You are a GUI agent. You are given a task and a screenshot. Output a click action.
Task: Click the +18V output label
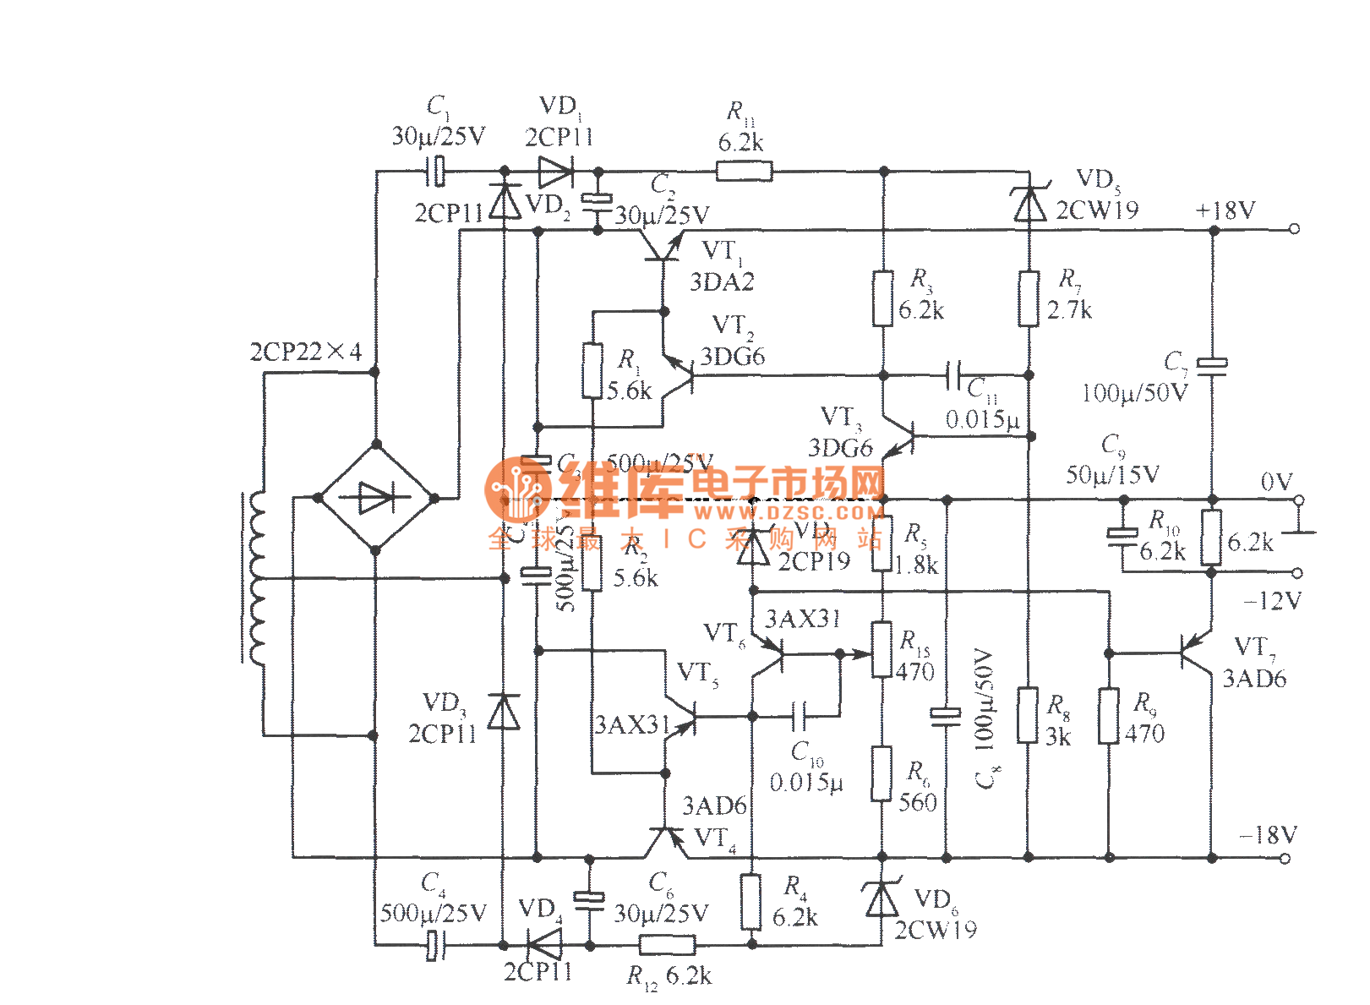1225,210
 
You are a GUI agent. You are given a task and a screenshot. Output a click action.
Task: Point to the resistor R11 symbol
744,172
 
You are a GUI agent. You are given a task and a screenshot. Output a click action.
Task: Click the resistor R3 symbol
883,298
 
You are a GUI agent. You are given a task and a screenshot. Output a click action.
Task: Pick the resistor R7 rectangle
1029,298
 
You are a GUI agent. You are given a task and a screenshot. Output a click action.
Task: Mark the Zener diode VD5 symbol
1029,204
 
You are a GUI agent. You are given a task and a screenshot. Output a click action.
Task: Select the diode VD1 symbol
555,172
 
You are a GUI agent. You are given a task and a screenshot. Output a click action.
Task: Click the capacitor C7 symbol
1213,364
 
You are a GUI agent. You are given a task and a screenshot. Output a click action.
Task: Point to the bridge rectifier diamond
376,498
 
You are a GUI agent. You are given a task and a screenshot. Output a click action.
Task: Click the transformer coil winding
254,578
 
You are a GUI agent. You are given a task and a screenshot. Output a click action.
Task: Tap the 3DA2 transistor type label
722,282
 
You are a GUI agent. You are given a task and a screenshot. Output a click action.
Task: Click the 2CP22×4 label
305,352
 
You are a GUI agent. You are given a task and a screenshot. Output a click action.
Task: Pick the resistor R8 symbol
1028,715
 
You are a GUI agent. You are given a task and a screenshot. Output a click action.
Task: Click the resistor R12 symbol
667,945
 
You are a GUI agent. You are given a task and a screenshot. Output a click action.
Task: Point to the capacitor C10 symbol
800,717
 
